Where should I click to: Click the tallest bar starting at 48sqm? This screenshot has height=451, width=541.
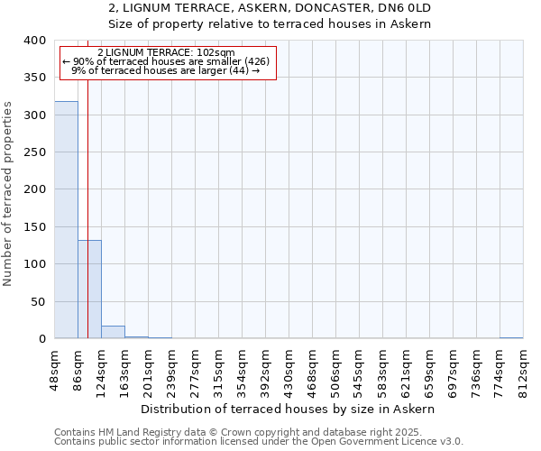tap(66, 220)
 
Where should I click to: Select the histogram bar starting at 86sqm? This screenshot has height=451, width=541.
tap(89, 290)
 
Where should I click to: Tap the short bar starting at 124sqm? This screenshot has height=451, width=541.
tap(113, 332)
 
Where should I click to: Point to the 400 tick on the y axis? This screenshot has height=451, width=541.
tap(34, 41)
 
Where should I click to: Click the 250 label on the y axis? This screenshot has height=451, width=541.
tap(34, 152)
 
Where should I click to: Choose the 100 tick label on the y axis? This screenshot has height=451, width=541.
tap(34, 264)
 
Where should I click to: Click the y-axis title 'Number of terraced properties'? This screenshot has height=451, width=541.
tap(8, 194)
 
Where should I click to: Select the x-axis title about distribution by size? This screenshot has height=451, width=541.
tap(289, 409)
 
